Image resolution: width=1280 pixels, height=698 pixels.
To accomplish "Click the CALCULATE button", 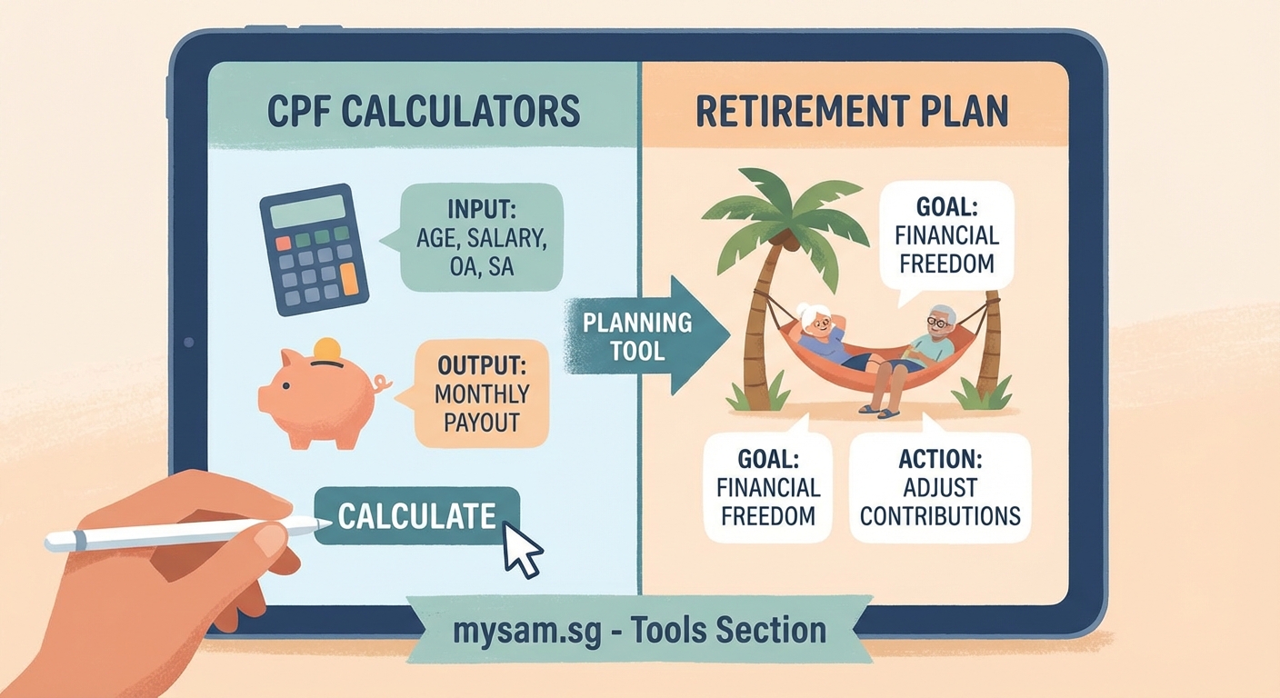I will [x=416, y=516].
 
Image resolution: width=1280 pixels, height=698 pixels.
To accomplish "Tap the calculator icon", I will [x=314, y=249].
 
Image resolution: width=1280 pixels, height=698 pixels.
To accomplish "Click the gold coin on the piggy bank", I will [x=326, y=349].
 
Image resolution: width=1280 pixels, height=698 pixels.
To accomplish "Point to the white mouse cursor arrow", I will [x=520, y=549].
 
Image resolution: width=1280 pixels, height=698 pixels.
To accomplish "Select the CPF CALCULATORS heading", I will [x=424, y=111].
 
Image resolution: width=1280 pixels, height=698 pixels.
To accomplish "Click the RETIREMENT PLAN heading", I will [x=852, y=111].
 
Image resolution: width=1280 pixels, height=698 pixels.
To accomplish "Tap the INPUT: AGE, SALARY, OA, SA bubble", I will [x=481, y=239].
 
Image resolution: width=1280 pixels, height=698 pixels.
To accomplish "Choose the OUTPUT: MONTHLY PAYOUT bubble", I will [x=482, y=394].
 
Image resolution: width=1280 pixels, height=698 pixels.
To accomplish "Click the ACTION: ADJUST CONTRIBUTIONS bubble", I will [x=940, y=489].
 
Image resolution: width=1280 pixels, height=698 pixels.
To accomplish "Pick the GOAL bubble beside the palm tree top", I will [x=946, y=236].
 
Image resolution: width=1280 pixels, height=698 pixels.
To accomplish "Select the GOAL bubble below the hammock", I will [x=768, y=488].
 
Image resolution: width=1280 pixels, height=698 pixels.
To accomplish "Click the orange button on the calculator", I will [x=348, y=284].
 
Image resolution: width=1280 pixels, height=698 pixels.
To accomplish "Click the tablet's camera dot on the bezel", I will [x=188, y=343].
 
